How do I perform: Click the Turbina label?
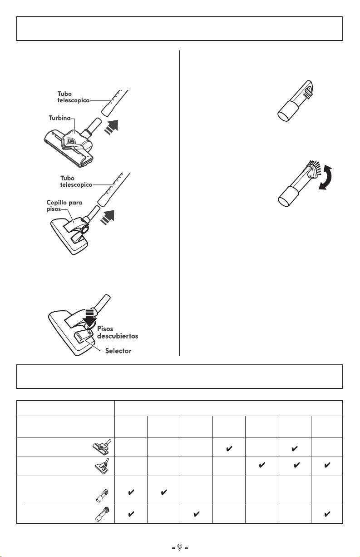[59, 118]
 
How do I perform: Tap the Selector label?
[118, 351]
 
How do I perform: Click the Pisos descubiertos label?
[118, 333]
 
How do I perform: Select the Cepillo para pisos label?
[64, 206]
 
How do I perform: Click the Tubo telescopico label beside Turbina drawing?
[73, 97]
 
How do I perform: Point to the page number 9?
[180, 547]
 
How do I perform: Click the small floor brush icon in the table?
[102, 466]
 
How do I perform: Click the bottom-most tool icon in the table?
[102, 513]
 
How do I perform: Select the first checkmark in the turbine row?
[229, 448]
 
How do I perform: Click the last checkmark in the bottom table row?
[327, 514]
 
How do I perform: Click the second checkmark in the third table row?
[164, 492]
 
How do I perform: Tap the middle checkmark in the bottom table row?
[196, 514]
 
